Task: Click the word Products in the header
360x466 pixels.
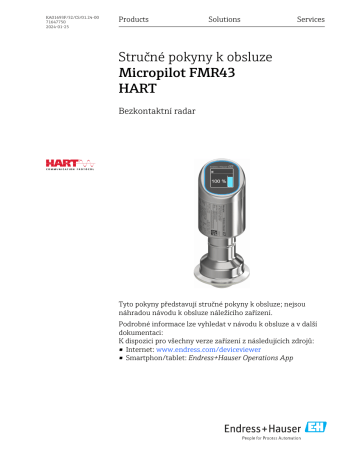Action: point(133,19)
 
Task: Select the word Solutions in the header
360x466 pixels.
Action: point(224,19)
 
